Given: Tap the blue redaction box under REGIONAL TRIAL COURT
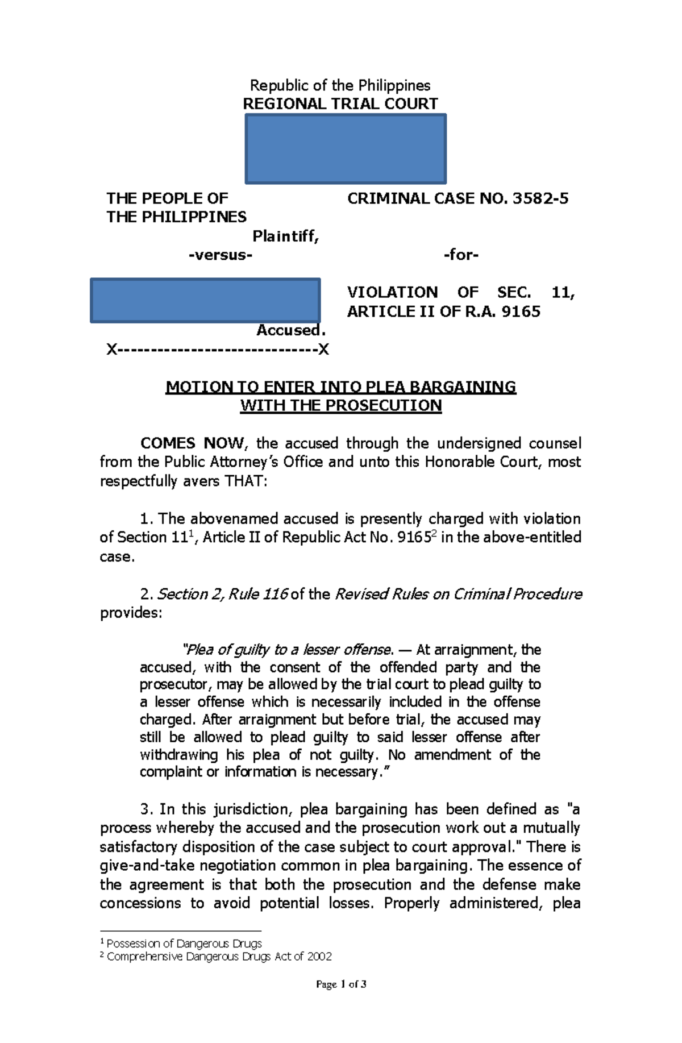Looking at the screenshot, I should tap(346, 149).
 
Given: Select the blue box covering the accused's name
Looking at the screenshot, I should tap(205, 300).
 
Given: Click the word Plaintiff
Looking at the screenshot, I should tap(285, 236).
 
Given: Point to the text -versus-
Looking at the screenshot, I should tap(220, 255).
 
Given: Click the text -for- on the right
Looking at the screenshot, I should tap(461, 255).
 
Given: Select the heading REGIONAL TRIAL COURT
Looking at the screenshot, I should tap(340, 104).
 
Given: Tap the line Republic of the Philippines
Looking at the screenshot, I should tap(340, 85).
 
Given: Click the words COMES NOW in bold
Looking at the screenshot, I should tap(193, 443).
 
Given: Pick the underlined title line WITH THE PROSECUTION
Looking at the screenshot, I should tap(340, 405).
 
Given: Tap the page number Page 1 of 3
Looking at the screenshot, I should tap(341, 984).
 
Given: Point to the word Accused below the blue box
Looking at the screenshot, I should tap(290, 330).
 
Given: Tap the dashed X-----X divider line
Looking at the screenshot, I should tap(218, 349).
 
